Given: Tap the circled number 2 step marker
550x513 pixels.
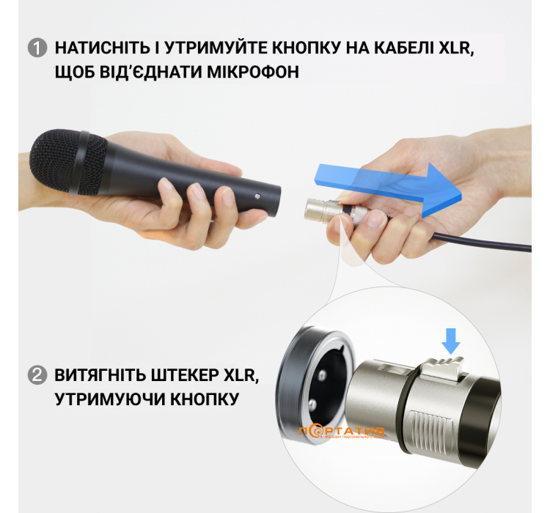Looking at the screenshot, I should pyautogui.click(x=37, y=377).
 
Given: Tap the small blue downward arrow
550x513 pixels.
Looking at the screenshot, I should pyautogui.click(x=452, y=339).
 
